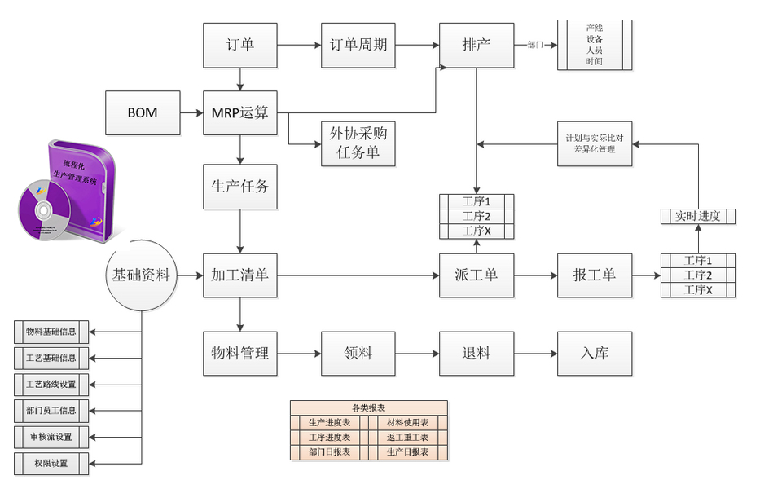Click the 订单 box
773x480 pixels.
point(239,45)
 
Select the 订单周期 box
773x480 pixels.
point(358,45)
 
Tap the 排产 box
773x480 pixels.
point(477,45)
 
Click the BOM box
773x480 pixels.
point(143,112)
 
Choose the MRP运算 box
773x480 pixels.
point(239,112)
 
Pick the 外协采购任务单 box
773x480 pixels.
point(358,143)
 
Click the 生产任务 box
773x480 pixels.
point(239,187)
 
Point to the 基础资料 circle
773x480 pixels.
point(142,275)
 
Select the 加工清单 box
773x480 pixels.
point(239,275)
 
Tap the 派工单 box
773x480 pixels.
point(477,275)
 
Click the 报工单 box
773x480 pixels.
point(595,275)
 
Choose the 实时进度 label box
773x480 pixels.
point(697,216)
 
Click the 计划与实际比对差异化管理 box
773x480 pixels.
point(595,143)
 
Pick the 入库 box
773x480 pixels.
point(595,354)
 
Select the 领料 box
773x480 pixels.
point(358,354)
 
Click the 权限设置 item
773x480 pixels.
point(51,464)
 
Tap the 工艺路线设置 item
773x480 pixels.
point(51,384)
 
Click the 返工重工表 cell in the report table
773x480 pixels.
point(407,438)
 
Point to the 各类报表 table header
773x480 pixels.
point(368,407)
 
